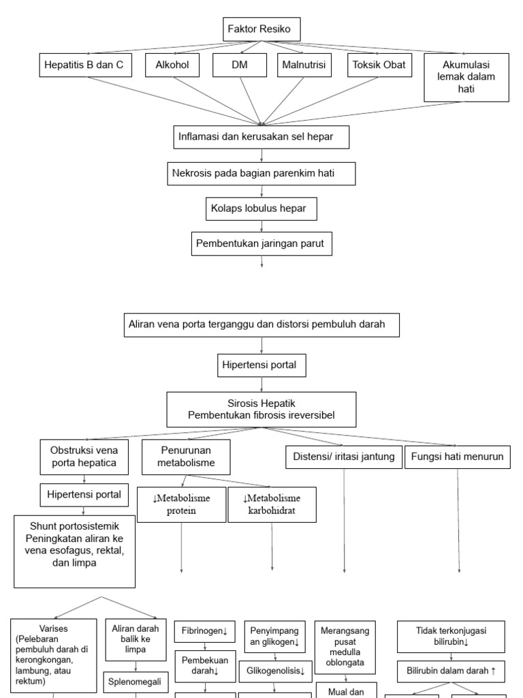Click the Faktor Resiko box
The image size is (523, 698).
261,29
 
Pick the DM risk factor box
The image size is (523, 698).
239,65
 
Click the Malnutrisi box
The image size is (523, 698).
304,65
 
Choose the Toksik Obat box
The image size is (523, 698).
379,65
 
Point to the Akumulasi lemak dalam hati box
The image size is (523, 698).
466,77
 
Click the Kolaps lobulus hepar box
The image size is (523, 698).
261,209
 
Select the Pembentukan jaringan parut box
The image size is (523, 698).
261,243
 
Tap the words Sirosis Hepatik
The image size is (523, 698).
261,404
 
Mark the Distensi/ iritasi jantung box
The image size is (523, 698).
343,457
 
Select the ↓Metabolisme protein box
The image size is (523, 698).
181,504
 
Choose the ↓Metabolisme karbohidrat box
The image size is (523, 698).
272,504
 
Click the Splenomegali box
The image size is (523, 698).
136,680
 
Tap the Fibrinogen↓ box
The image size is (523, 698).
205,631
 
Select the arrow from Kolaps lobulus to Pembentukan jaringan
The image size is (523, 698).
261,226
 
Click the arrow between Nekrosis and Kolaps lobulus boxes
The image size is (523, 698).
261,192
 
